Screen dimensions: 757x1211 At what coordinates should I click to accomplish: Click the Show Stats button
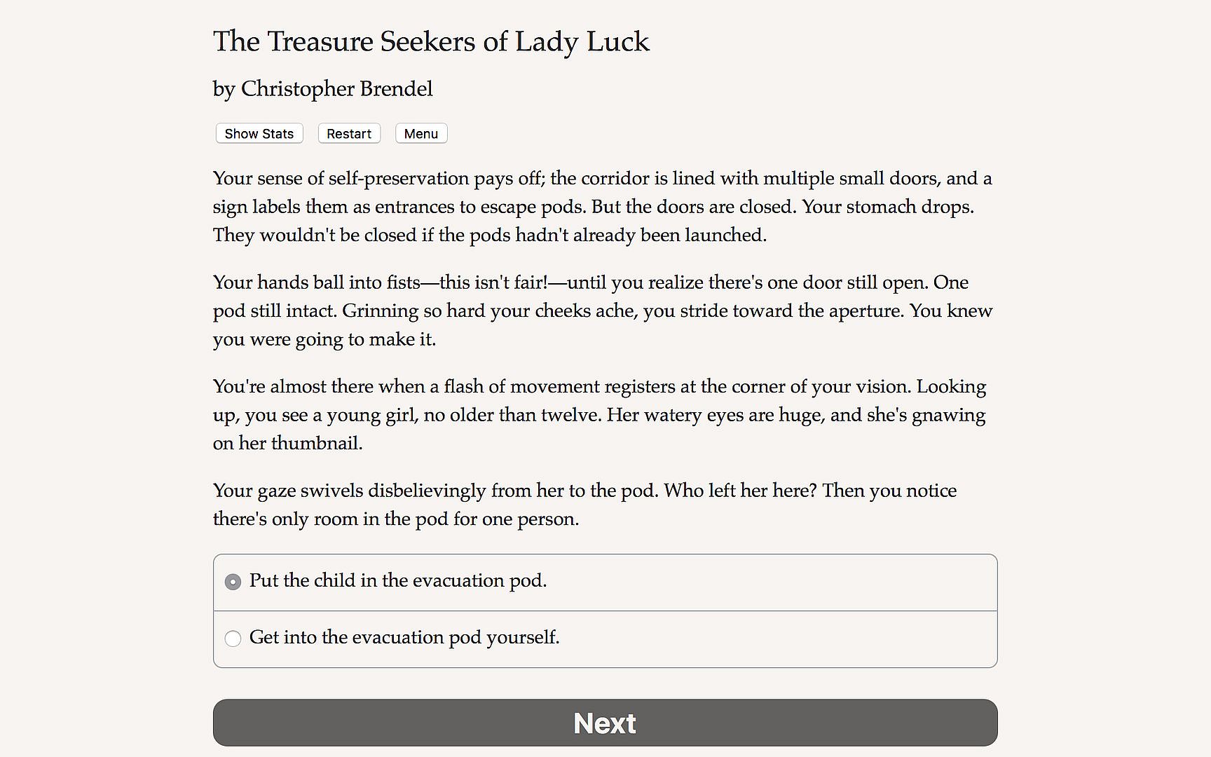click(x=259, y=134)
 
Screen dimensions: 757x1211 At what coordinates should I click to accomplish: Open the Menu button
click(x=420, y=134)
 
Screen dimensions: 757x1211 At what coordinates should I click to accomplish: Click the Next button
click(x=605, y=723)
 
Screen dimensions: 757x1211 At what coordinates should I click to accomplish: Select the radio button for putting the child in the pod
click(x=233, y=582)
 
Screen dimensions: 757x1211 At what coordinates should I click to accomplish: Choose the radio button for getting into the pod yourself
click(x=233, y=639)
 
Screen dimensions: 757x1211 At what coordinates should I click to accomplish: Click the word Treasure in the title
click(x=320, y=42)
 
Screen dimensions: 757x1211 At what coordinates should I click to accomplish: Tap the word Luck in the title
click(x=617, y=42)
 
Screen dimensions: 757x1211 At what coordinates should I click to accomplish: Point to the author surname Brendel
click(x=396, y=89)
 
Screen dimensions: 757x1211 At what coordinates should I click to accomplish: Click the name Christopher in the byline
click(x=297, y=90)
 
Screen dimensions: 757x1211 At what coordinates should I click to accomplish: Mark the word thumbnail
click(x=316, y=444)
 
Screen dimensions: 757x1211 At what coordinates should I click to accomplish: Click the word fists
click(x=403, y=282)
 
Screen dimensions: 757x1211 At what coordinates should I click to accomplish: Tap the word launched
click(x=725, y=235)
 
